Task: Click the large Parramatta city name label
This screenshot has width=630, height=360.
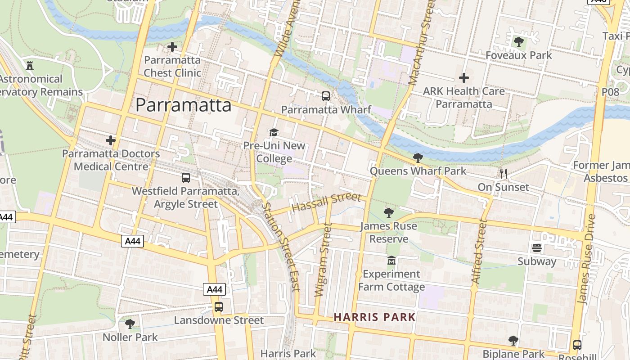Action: (x=184, y=105)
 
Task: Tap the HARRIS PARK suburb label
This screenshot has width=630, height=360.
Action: (x=374, y=317)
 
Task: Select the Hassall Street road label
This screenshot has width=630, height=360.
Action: (x=326, y=203)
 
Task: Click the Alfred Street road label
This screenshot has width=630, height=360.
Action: (x=479, y=252)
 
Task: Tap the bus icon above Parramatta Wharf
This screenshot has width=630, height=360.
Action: (x=326, y=96)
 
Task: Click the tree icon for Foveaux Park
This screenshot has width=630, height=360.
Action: (x=518, y=42)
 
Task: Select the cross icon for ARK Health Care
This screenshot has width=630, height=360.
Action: (x=463, y=78)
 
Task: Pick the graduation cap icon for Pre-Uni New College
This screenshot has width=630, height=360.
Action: (x=274, y=132)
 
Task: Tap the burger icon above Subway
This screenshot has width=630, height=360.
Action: (x=536, y=248)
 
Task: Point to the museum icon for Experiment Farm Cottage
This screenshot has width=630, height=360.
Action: (x=391, y=260)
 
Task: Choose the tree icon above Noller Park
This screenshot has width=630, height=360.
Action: (x=130, y=324)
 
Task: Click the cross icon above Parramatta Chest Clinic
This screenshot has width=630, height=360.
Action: (x=172, y=46)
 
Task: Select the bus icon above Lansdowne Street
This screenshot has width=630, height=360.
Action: (x=218, y=307)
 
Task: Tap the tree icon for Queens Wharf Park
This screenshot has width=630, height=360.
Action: (x=418, y=157)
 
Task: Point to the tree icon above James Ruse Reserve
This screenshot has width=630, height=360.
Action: (x=388, y=212)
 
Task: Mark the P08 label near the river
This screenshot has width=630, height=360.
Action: (x=610, y=92)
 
